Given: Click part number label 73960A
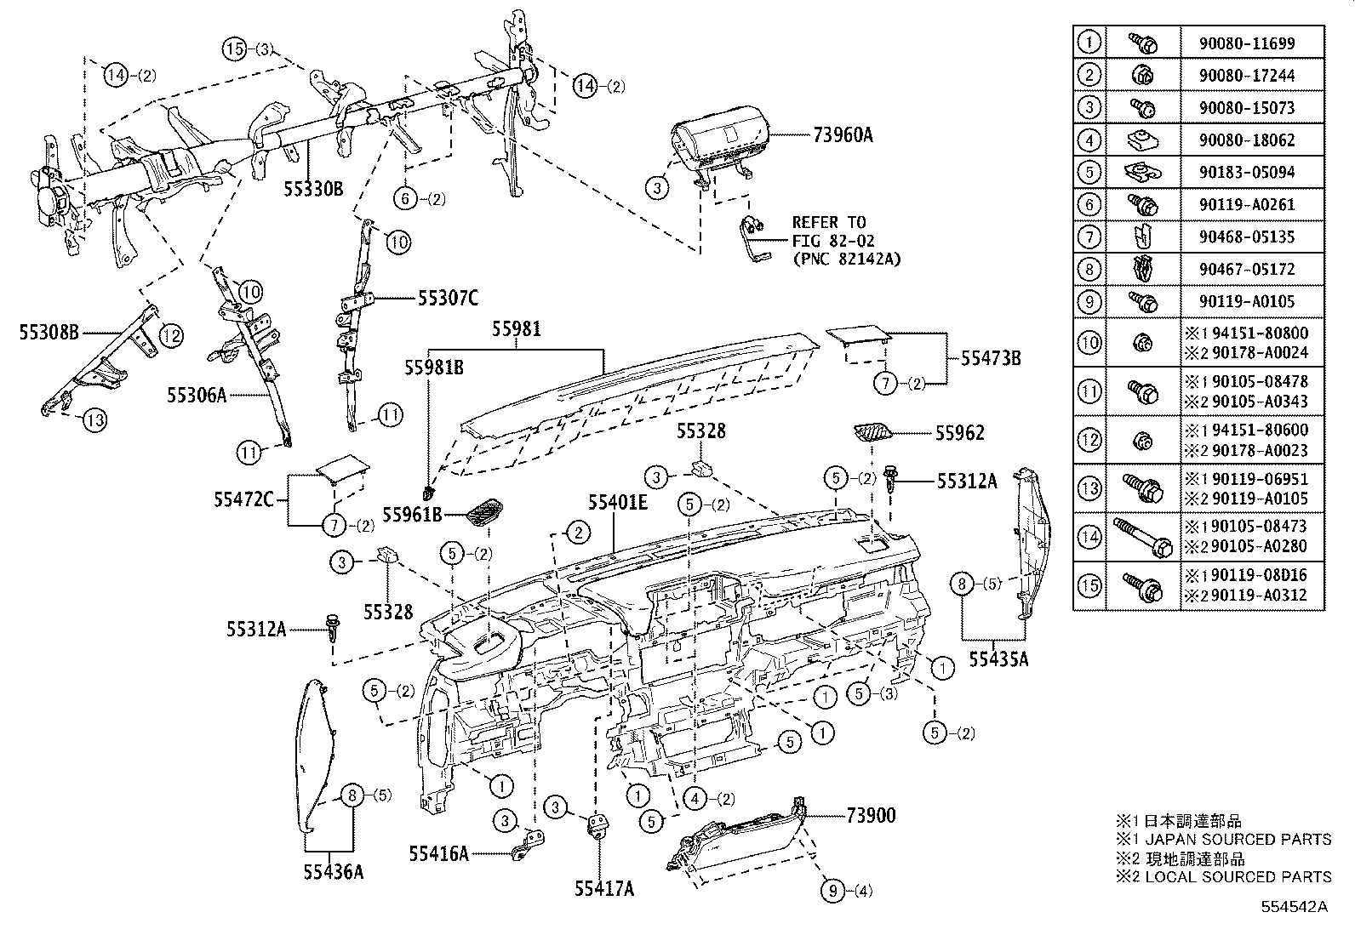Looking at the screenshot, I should coord(843,134).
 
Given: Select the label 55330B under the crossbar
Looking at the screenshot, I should coord(312,190).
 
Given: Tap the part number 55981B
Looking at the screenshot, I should coord(434,368).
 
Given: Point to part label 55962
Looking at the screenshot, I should coord(959,433).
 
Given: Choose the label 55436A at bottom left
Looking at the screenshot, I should coord(333,871).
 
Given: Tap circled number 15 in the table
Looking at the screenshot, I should coord(1089,585).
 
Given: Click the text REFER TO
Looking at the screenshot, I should coord(828,223).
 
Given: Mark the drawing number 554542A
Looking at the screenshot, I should coord(1296,907).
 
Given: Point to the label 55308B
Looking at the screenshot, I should coord(49,333).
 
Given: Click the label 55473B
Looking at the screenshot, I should coord(991,358).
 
